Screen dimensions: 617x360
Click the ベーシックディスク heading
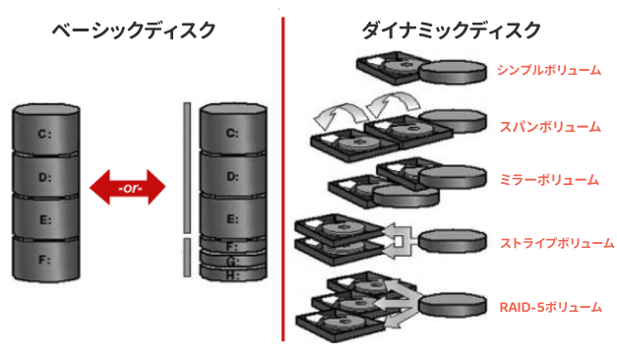tap(134, 30)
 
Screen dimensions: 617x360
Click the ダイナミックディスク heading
tap(451, 30)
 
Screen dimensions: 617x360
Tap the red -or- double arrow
tap(128, 187)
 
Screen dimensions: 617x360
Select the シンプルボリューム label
tap(549, 70)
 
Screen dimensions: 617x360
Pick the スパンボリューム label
tap(550, 127)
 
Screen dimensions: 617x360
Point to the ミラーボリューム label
tap(549, 180)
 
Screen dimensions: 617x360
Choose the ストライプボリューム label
tap(557, 243)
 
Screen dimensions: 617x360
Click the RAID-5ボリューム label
tap(550, 307)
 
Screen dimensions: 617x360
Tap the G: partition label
tap(232, 261)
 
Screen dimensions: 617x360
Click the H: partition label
tap(232, 275)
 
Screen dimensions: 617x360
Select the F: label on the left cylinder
tap(45, 260)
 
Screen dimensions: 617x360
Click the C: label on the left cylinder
tap(45, 134)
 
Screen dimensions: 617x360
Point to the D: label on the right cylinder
tap(232, 176)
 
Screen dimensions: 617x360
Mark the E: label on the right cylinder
tap(232, 218)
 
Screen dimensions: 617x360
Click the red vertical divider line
tap(283, 179)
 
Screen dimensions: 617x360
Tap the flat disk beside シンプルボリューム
tap(452, 72)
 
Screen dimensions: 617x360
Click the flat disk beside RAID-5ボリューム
tap(452, 305)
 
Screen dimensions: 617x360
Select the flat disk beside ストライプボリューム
tap(452, 241)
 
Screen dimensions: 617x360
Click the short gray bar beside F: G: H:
tap(187, 258)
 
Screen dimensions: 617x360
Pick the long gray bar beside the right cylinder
tap(187, 167)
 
